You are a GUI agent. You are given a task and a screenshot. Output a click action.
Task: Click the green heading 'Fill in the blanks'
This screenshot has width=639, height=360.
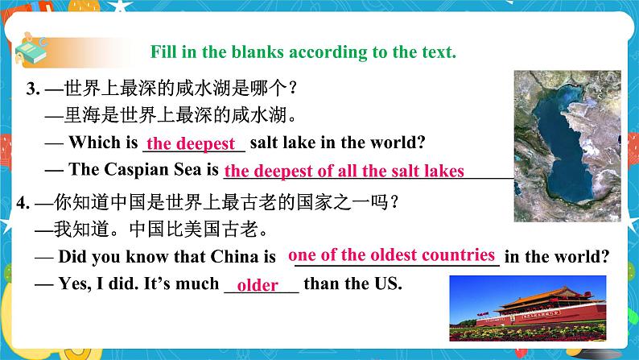click(x=304, y=53)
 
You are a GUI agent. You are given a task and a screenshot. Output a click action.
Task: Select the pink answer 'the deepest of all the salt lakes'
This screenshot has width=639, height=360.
click(x=344, y=171)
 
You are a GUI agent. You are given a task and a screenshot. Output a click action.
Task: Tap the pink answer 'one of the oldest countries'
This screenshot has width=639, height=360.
click(x=391, y=255)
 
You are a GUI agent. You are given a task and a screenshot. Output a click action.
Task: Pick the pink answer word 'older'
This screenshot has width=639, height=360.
click(x=258, y=286)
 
